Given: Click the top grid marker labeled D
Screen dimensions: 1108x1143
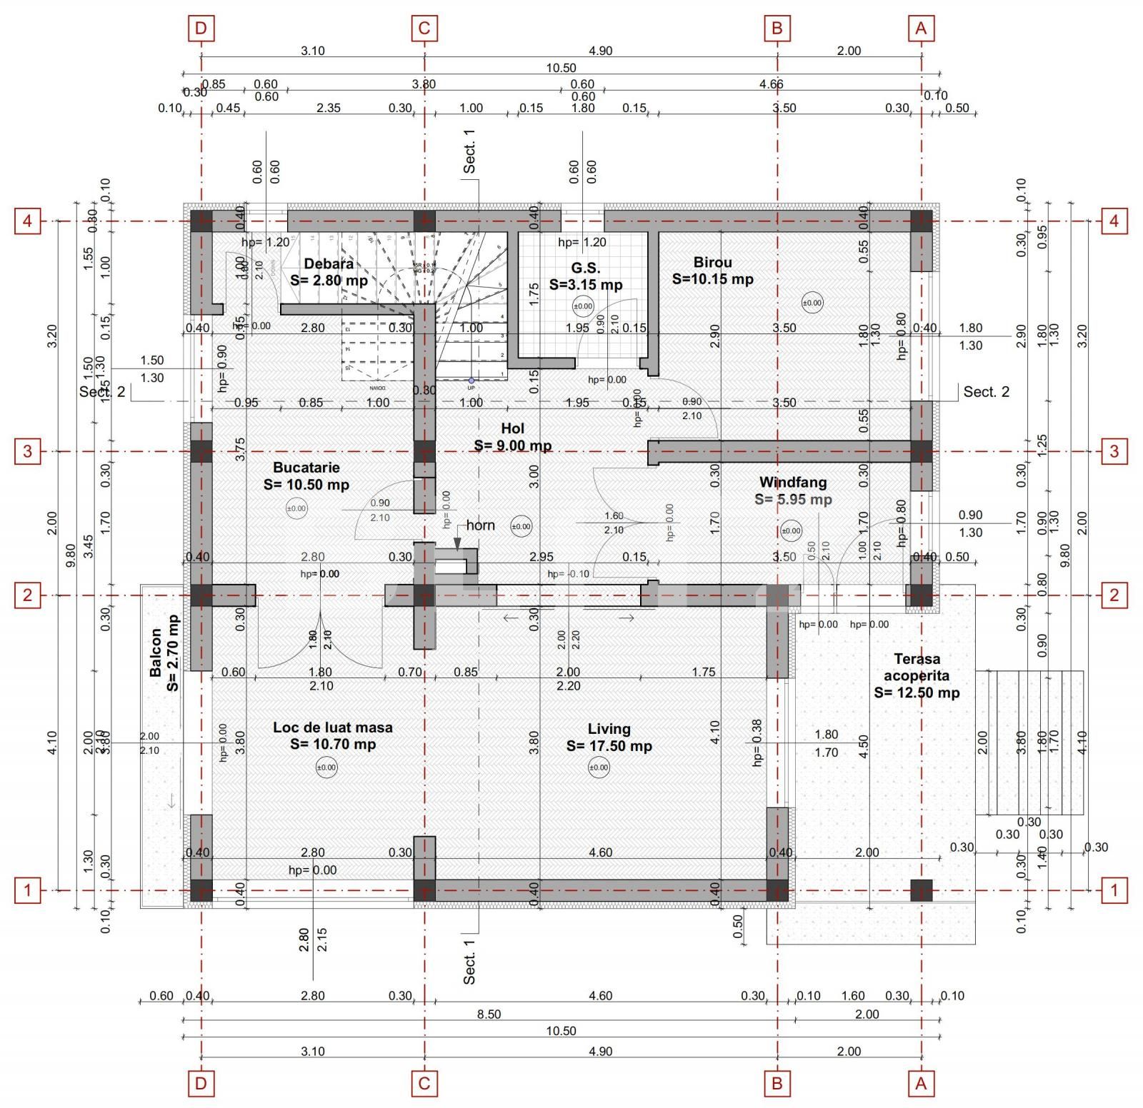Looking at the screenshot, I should pos(201,29).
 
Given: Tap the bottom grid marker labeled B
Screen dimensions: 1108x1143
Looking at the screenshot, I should pos(777,1084).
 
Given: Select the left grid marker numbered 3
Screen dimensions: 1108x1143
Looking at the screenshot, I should pos(28,451).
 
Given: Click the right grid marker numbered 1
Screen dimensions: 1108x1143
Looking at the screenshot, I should pos(1114,890).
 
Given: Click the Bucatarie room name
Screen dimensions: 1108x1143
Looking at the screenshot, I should pos(306,468).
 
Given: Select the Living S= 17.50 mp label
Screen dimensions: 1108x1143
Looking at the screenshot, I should pos(609,737).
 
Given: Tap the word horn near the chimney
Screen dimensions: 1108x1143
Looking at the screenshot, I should pos(480,525).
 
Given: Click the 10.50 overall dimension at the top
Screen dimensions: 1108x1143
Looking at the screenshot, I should pos(561,68).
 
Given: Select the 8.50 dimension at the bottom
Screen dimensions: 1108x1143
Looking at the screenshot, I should pos(489,1014).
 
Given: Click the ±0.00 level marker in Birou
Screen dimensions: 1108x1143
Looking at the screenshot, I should pos(812,303).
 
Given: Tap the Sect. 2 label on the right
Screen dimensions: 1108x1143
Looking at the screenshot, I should pos(986,391).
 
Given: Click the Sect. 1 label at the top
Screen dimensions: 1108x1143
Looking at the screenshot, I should pos(469,151).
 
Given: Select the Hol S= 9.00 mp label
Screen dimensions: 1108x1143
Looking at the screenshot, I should pos(512,437).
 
